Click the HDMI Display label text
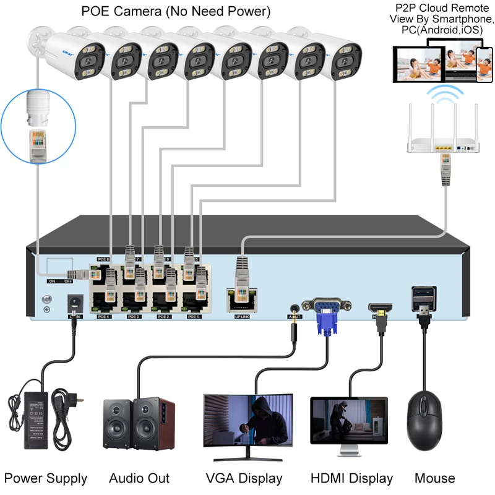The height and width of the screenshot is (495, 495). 351,478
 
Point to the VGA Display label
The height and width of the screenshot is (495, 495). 244,478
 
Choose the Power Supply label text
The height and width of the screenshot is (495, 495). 46,478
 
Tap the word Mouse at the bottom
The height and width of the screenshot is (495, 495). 435,478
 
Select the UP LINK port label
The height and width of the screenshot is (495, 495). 243,316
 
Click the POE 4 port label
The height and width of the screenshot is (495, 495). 103,316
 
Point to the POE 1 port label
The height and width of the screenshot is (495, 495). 194,316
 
